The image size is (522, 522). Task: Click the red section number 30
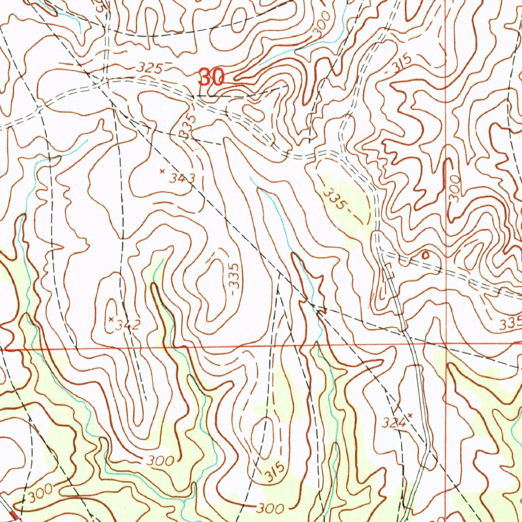pyautogui.click(x=211, y=77)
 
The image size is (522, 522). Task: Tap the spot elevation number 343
pyautogui.click(x=182, y=178)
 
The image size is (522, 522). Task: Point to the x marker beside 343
pyautogui.click(x=162, y=171)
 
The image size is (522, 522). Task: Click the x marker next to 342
pyautogui.click(x=111, y=319)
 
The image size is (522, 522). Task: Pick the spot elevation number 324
pyautogui.click(x=395, y=423)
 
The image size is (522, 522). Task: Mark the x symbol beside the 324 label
pyautogui.click(x=409, y=416)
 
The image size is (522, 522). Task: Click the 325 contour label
pyautogui.click(x=150, y=68)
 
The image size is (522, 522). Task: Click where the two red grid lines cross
pyautogui.click(x=446, y=345)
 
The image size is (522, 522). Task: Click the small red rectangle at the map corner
pyautogui.click(x=14, y=517)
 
